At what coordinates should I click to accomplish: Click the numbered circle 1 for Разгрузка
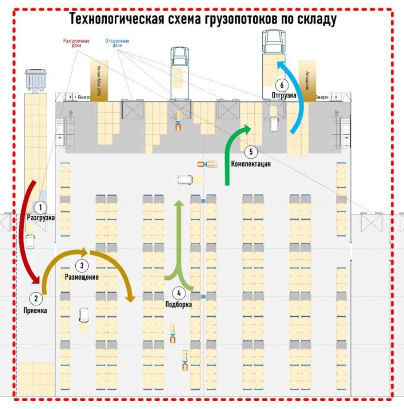point(40,207)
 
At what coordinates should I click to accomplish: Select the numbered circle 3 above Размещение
point(82,266)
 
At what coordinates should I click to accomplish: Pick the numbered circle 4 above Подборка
point(179,293)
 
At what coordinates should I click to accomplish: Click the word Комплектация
point(251,164)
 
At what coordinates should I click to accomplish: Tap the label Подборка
point(179,305)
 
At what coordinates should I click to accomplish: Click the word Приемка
point(35,311)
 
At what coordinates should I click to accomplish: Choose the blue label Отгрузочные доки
point(117,43)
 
